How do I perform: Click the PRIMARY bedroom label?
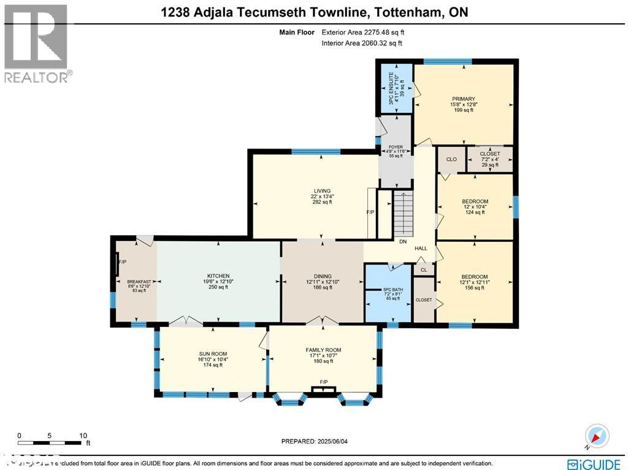click(x=463, y=99)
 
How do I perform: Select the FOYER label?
click(x=396, y=147)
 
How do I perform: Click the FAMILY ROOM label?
click(x=323, y=350)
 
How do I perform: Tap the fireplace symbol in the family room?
click(x=323, y=388)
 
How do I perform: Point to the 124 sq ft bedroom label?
click(x=475, y=202)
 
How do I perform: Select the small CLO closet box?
click(x=451, y=160)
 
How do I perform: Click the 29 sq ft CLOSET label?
click(x=489, y=154)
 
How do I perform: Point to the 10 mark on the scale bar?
click(x=83, y=435)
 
